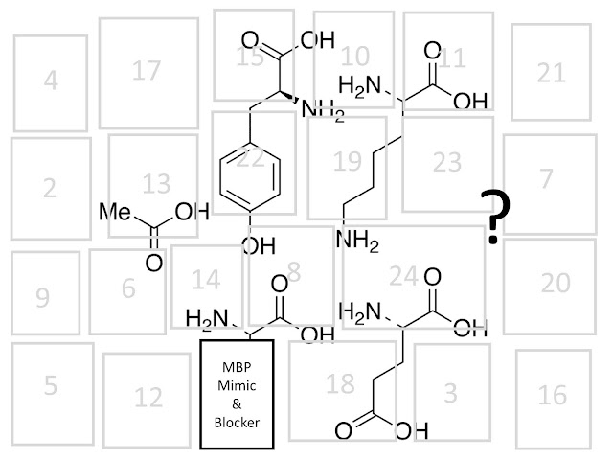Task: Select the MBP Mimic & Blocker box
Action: (237, 393)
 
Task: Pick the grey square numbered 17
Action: (146, 69)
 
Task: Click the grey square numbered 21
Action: (551, 72)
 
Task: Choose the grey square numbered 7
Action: (546, 177)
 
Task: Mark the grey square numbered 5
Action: (50, 386)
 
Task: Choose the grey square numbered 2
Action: (50, 188)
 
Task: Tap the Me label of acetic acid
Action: (116, 211)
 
